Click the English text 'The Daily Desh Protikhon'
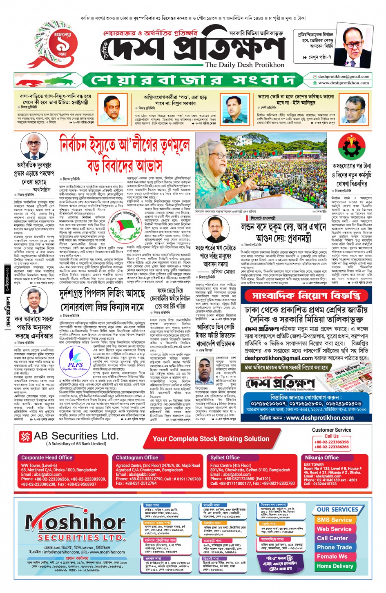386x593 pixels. click(x=244, y=65)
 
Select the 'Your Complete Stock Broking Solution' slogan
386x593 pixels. click(x=211, y=439)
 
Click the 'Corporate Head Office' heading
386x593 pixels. click(x=47, y=457)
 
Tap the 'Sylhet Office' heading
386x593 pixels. click(x=225, y=457)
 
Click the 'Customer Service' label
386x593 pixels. click(x=331, y=430)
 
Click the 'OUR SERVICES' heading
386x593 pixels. click(x=337, y=509)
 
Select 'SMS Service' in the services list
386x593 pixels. click(x=334, y=520)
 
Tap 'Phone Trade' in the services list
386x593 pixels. click(x=334, y=547)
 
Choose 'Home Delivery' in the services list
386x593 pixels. click(x=335, y=566)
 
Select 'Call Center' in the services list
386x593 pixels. click(x=332, y=538)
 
